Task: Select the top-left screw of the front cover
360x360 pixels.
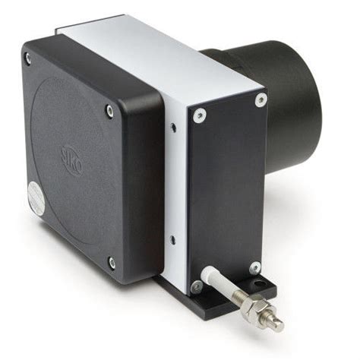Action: tap(28, 56)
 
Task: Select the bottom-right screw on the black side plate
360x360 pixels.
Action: tap(255, 267)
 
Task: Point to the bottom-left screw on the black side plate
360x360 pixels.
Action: tap(197, 286)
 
